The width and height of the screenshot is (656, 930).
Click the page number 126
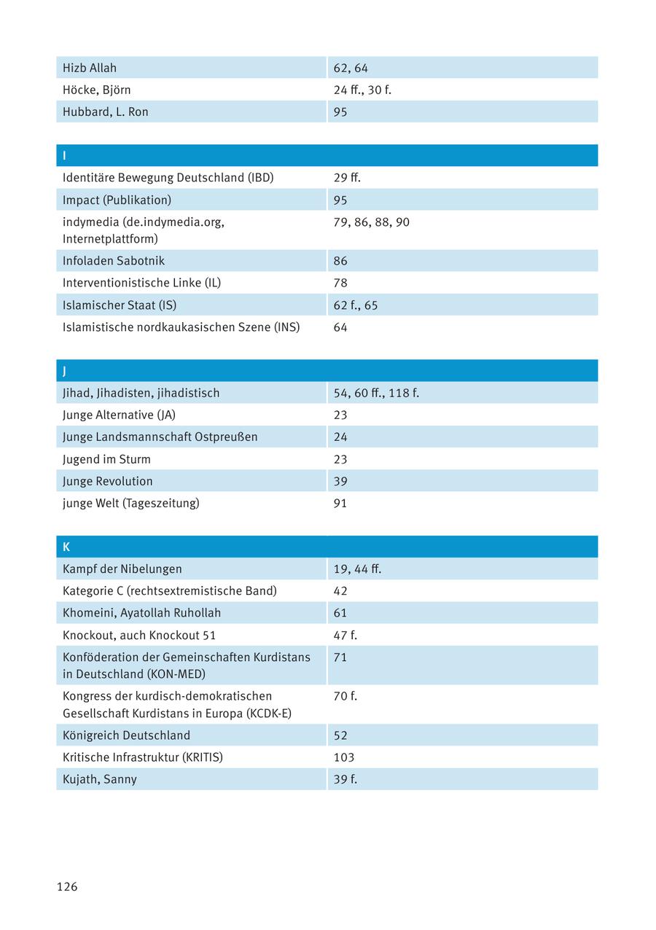click(67, 886)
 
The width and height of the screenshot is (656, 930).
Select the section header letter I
click(65, 156)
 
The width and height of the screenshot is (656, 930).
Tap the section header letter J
click(65, 371)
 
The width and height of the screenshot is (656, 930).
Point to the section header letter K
click(66, 547)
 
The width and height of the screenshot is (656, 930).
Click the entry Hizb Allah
click(90, 68)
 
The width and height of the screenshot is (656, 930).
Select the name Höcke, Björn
click(97, 90)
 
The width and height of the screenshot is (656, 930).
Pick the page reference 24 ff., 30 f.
click(362, 90)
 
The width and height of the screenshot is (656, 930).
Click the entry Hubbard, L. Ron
click(106, 112)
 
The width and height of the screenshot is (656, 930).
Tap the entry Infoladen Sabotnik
click(114, 261)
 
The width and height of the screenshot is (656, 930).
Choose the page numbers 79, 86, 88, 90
click(372, 222)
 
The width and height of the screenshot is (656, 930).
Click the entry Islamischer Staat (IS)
click(120, 305)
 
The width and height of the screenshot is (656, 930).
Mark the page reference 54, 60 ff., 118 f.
click(376, 393)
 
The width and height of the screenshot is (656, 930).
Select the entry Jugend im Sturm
click(106, 459)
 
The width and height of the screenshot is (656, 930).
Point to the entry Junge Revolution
click(108, 481)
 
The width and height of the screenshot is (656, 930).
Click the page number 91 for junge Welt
click(340, 503)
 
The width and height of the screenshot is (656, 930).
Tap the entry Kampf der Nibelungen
click(122, 568)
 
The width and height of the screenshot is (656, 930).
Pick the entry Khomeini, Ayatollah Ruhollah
click(141, 613)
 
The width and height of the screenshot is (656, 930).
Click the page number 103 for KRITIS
click(344, 757)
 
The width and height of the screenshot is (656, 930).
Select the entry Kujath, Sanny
click(100, 779)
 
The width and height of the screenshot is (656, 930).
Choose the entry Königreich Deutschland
click(126, 735)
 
